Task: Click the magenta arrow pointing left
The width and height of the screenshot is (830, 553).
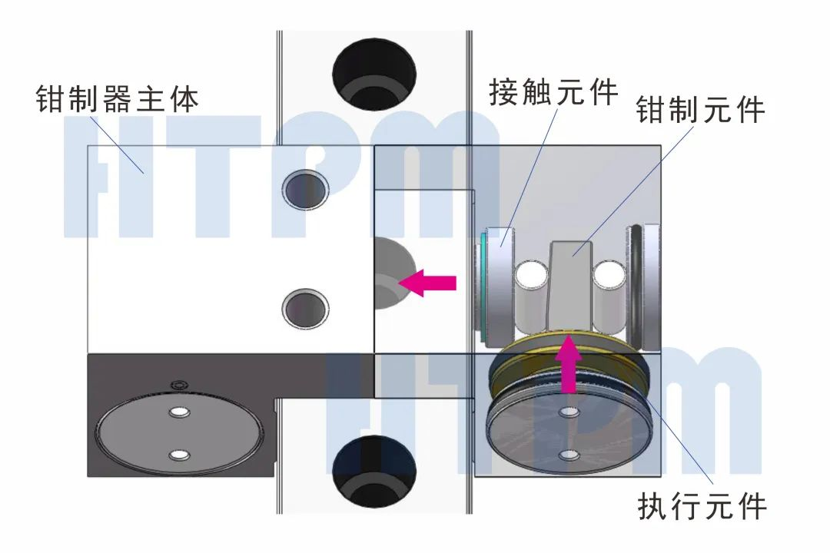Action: click(430, 283)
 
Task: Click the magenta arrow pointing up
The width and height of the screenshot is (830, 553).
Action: click(569, 364)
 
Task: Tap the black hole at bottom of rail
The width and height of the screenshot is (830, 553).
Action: click(373, 469)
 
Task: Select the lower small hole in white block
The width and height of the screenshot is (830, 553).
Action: click(305, 309)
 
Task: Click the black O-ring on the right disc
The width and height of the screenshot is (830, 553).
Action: click(636, 284)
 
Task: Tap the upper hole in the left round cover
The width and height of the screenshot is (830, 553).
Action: click(180, 412)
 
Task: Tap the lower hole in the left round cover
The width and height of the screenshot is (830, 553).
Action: click(180, 455)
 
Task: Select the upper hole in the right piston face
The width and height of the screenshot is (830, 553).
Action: click(569, 412)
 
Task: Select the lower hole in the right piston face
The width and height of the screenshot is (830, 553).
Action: click(569, 455)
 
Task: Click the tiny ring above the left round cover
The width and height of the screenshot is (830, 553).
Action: click(179, 383)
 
